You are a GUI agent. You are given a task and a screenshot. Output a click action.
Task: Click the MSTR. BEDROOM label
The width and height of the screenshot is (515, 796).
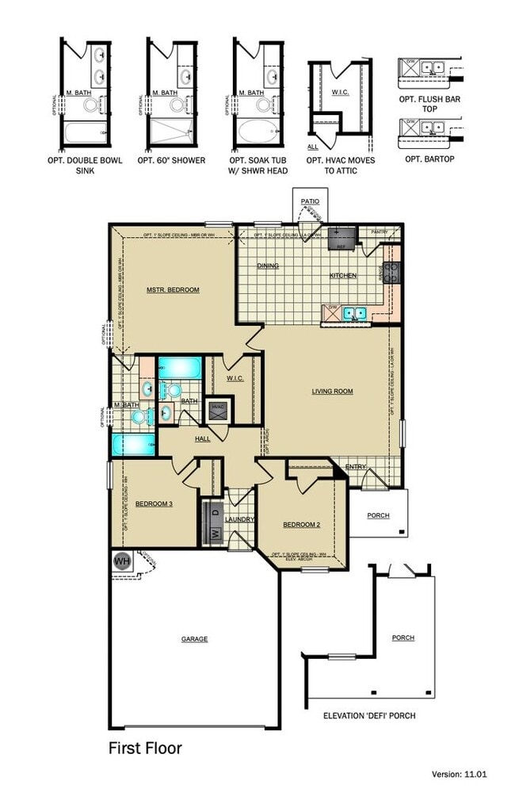pyautogui.click(x=173, y=290)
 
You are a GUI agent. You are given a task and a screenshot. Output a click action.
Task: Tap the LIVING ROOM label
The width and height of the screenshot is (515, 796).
pyautogui.click(x=332, y=391)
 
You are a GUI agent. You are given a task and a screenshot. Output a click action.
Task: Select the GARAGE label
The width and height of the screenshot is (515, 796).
pyautogui.click(x=194, y=639)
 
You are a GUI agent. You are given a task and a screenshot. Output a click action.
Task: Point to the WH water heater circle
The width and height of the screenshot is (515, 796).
pyautogui.click(x=122, y=561)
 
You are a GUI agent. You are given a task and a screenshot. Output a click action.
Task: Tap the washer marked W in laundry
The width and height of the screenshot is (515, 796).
pyautogui.click(x=214, y=534)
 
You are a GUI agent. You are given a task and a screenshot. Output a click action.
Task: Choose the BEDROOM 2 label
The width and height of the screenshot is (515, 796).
pyautogui.click(x=301, y=525)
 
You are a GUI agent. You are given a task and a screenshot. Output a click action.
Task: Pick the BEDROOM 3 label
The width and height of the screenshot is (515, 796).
pyautogui.click(x=154, y=503)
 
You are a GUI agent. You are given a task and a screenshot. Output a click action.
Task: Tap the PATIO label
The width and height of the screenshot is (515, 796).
pyautogui.click(x=309, y=201)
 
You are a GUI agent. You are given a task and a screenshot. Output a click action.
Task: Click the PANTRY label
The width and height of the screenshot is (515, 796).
pyautogui.click(x=380, y=232)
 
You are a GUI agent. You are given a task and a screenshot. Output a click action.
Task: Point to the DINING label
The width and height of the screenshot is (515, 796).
pyautogui.click(x=268, y=266)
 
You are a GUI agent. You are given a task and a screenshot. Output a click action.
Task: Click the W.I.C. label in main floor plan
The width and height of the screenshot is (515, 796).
pyautogui.click(x=235, y=378)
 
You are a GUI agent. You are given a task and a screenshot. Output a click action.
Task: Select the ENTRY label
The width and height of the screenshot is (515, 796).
pyautogui.click(x=356, y=467)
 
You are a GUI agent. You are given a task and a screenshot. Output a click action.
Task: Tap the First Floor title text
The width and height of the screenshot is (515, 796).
pyautogui.click(x=145, y=748)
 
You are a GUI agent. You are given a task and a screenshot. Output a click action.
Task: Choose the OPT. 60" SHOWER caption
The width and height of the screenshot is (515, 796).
pyautogui.click(x=171, y=160)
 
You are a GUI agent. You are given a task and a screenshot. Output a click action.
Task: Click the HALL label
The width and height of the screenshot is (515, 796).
pyautogui.click(x=203, y=438)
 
